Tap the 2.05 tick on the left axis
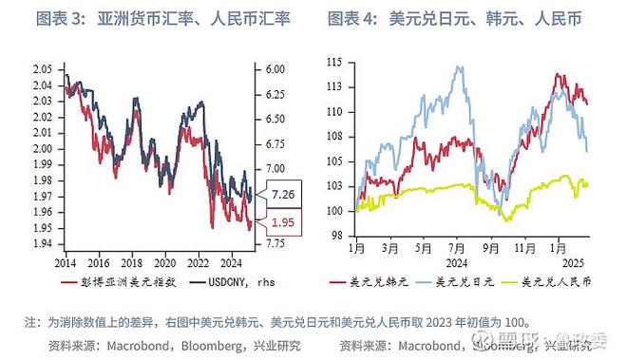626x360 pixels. point(42,69)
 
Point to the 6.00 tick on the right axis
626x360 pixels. point(275,69)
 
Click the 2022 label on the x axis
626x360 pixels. point(200,260)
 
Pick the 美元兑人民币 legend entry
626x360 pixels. point(557,282)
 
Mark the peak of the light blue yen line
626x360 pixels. point(460,67)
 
